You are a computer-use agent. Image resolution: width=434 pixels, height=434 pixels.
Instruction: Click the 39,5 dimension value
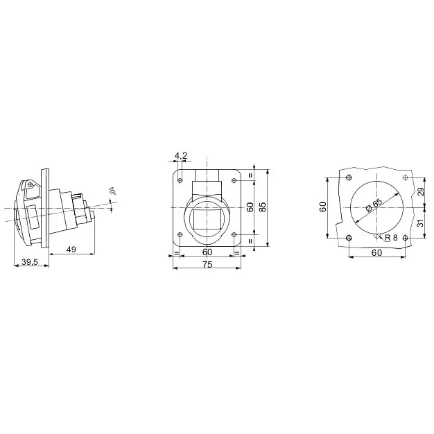click(30, 261)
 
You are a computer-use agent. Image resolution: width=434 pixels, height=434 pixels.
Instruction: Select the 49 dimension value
click(71, 250)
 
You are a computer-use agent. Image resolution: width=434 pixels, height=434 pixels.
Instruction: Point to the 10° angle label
click(112, 191)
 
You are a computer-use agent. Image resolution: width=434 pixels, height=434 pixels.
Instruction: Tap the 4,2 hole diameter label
click(181, 156)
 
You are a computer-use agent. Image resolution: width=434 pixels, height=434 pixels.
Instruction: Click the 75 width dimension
click(207, 265)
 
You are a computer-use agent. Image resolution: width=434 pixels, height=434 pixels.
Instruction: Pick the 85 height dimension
click(263, 207)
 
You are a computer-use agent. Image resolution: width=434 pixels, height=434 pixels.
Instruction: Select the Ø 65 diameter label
click(374, 205)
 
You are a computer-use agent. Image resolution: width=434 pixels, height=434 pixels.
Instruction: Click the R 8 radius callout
click(391, 238)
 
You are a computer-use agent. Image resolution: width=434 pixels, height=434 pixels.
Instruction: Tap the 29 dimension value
click(420, 192)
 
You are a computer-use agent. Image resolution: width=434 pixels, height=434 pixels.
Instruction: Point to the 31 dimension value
click(420, 223)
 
